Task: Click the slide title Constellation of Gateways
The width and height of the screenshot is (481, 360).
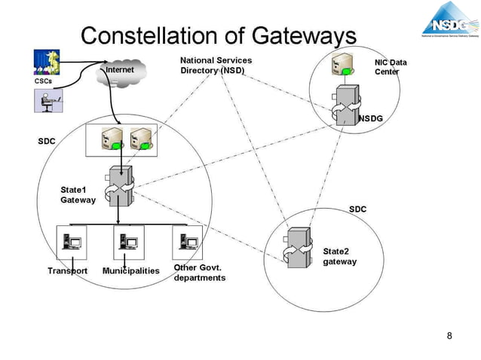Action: pyautogui.click(x=218, y=35)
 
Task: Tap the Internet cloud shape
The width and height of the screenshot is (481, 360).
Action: pyautogui.click(x=120, y=72)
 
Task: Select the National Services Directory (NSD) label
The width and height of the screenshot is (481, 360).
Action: pyautogui.click(x=216, y=66)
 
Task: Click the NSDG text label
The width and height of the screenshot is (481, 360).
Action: pyautogui.click(x=371, y=118)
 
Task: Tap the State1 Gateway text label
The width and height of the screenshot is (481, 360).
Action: pyautogui.click(x=78, y=195)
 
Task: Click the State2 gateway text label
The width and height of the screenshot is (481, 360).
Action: pyautogui.click(x=339, y=256)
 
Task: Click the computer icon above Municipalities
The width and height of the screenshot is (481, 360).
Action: pyautogui.click(x=128, y=243)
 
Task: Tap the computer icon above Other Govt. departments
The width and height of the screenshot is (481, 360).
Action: pyautogui.click(x=188, y=242)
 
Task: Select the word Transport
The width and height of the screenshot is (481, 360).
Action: pyautogui.click(x=68, y=270)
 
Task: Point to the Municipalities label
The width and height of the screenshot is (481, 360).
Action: pyautogui.click(x=131, y=270)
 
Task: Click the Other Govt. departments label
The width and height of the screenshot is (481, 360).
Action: pyautogui.click(x=199, y=273)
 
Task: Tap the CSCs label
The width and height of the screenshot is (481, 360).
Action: pyautogui.click(x=44, y=80)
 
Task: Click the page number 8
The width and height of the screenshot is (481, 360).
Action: pyautogui.click(x=449, y=335)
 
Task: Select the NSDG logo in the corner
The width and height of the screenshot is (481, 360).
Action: pyautogui.click(x=450, y=20)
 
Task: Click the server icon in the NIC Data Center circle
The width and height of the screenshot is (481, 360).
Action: pyautogui.click(x=343, y=66)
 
